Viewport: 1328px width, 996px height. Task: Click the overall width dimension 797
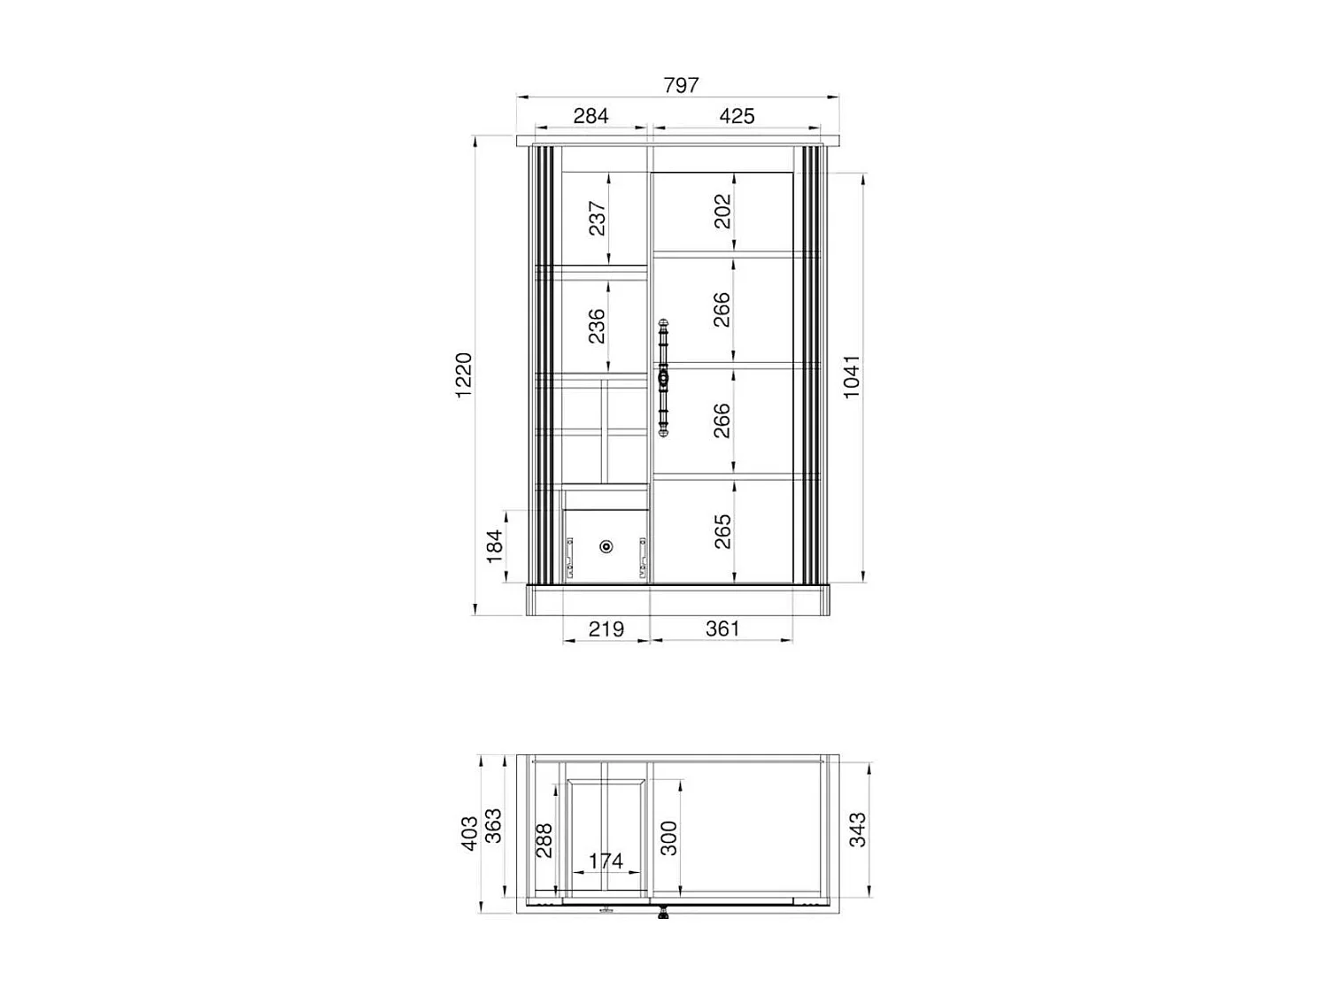click(681, 85)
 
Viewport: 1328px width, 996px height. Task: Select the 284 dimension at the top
click(591, 116)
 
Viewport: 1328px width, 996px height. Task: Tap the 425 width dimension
click(737, 116)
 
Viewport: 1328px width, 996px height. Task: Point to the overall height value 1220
click(465, 375)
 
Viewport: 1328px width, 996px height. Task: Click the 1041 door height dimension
click(852, 376)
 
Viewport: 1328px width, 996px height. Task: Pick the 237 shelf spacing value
click(598, 218)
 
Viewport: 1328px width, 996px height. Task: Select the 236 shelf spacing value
click(598, 326)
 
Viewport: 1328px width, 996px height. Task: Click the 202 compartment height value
click(723, 212)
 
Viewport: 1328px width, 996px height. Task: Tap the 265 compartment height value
click(723, 531)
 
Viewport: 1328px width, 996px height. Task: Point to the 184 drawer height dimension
click(495, 545)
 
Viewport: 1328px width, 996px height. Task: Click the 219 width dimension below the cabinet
click(606, 629)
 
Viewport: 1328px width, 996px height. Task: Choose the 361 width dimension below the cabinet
click(722, 629)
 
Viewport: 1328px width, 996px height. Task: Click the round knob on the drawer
click(606, 546)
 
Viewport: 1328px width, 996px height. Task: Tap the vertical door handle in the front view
click(663, 378)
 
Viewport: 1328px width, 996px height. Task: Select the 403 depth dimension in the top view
click(470, 833)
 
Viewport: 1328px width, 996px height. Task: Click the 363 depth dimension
click(494, 826)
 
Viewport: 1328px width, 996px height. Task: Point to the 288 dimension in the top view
click(544, 840)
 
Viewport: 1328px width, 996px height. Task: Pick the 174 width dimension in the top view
click(606, 861)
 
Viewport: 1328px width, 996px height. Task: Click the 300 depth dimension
click(670, 838)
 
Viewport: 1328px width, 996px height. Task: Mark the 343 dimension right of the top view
click(858, 830)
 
